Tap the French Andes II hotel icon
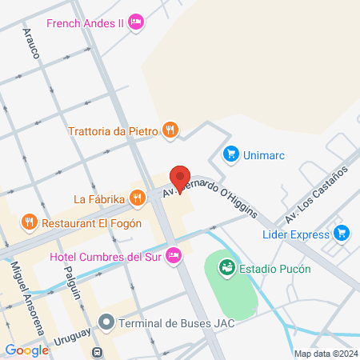click(135, 22)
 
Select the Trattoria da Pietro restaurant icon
click(169, 130)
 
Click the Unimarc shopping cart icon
click(231, 154)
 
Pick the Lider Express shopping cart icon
click(342, 234)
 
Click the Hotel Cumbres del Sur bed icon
click(174, 256)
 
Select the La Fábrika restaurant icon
click(137, 198)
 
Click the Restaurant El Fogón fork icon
click(29, 222)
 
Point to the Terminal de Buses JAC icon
click(106, 323)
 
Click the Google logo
click(26, 350)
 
